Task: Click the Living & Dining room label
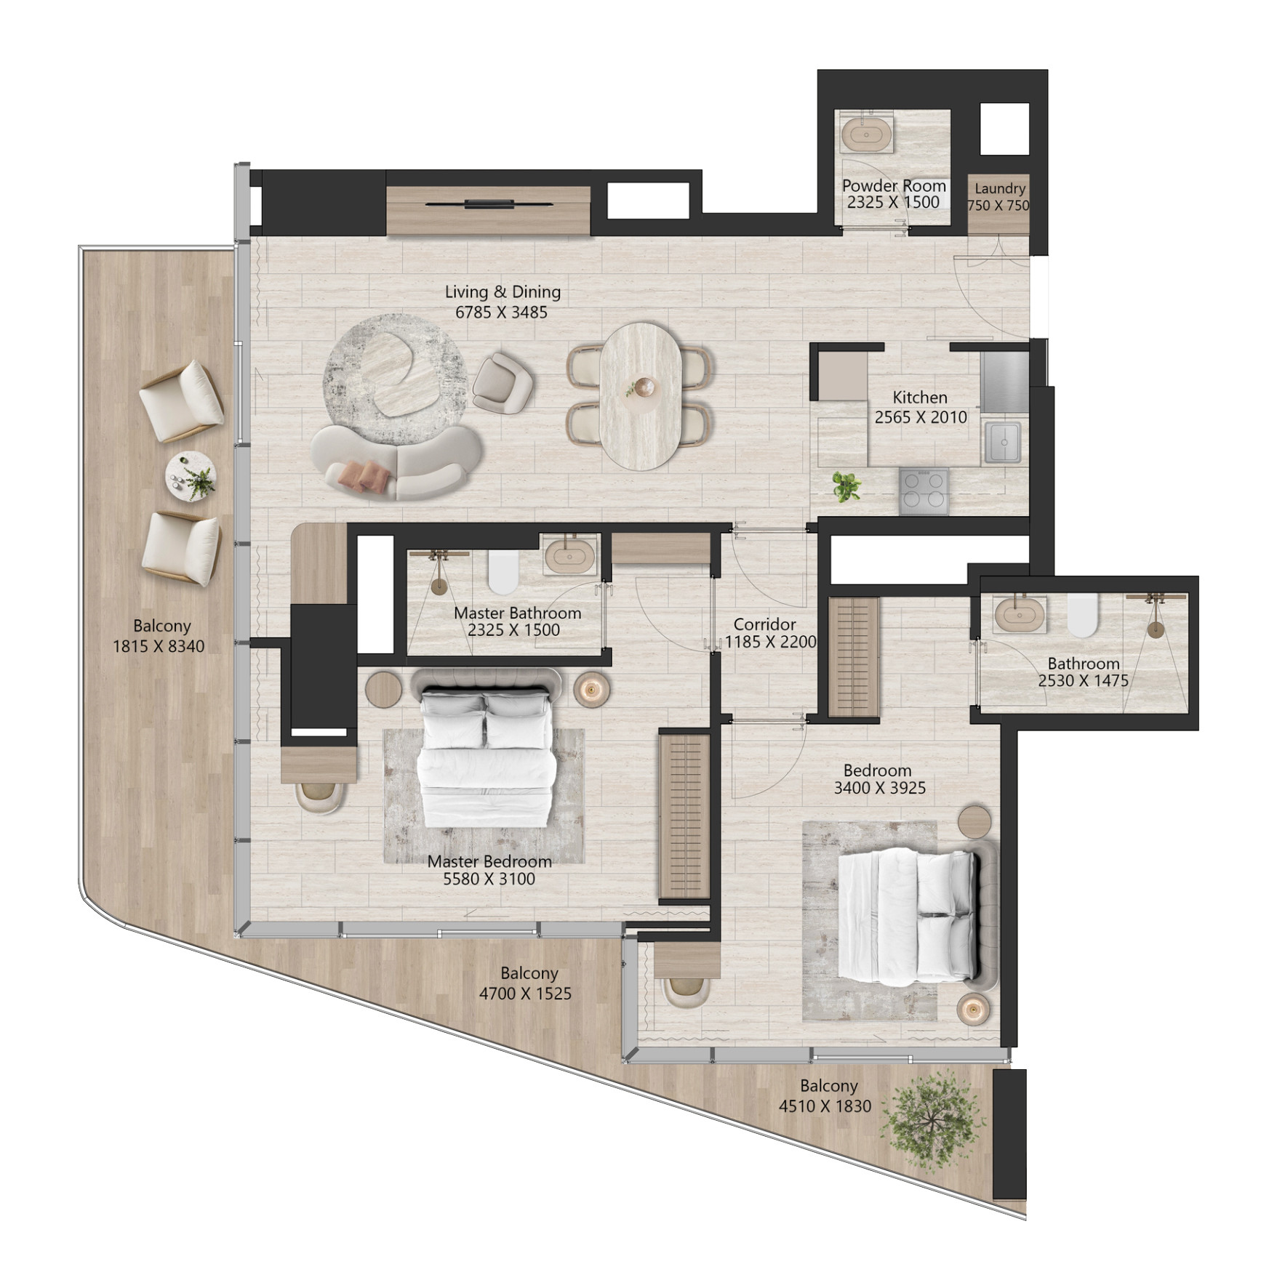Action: [x=503, y=292]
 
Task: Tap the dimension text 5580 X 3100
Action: [x=489, y=879]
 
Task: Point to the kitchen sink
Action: [x=1004, y=441]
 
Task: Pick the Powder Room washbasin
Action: [x=868, y=136]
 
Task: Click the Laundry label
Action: [x=1000, y=188]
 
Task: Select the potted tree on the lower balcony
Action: [x=934, y=1123]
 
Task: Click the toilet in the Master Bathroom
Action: [x=503, y=571]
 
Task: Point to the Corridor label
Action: [x=764, y=624]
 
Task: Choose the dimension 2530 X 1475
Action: [x=1083, y=681]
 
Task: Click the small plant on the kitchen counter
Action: [x=846, y=486]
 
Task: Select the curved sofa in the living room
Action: [x=396, y=462]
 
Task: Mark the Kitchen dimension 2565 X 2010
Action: [x=921, y=417]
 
